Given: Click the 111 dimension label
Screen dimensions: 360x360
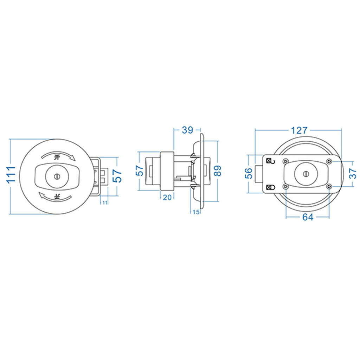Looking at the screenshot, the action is pos(11,175).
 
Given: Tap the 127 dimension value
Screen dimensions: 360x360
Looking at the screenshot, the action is pos(299,130).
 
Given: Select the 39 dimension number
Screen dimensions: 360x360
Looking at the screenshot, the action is pos(188,130).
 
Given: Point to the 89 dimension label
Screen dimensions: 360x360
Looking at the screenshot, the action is pos(217,171).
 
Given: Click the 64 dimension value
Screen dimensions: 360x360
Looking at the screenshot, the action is pos(308,217).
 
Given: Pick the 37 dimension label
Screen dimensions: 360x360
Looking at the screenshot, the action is pos(353,173).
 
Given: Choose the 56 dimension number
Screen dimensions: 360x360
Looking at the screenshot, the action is pos(249,173).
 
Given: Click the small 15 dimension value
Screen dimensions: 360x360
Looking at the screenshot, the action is pos(196,212).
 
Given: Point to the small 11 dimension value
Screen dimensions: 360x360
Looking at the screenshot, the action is pos(105,203).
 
